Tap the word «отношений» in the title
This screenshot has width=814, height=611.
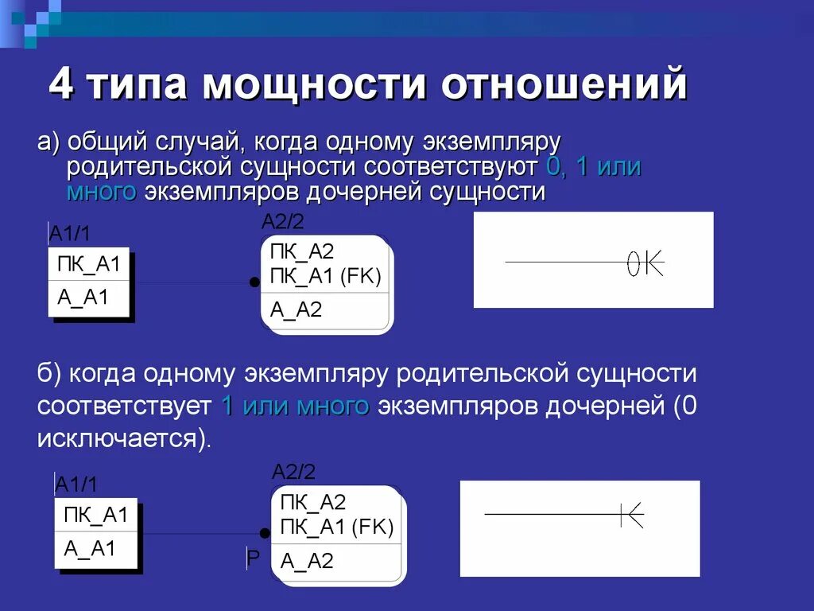click(564, 85)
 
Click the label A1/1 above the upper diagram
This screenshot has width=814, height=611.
click(70, 233)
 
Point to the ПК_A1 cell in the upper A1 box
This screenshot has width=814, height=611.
click(88, 265)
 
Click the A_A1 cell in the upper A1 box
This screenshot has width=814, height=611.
click(83, 298)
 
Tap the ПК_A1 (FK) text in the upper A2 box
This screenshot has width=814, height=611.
click(326, 276)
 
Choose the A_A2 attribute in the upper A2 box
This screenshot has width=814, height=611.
click(296, 309)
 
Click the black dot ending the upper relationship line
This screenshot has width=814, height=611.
click(254, 282)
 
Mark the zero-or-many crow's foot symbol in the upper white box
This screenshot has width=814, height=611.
click(645, 263)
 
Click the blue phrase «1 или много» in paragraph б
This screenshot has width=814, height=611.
click(295, 406)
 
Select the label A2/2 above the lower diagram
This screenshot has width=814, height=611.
click(293, 472)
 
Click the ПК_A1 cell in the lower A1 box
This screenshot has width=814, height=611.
click(95, 515)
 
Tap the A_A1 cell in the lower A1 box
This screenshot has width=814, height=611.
click(90, 548)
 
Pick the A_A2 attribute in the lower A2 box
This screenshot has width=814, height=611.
click(307, 561)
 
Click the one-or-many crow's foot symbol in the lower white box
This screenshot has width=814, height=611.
click(632, 515)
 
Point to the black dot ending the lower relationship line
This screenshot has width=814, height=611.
click(265, 533)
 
